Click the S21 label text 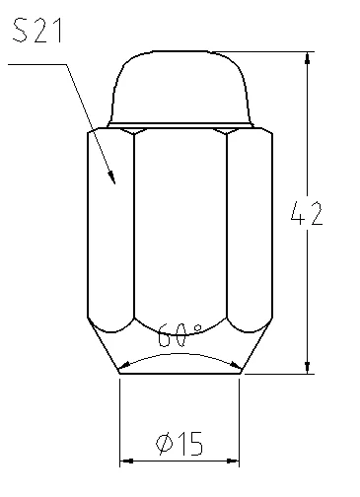[37, 31]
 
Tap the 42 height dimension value [307, 213]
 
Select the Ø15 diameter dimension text [180, 444]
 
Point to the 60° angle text [180, 335]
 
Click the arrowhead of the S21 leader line [112, 177]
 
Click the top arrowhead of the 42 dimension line [307, 58]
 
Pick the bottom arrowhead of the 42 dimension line [307, 367]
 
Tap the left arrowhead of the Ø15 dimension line [126, 461]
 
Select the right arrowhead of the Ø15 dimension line [233, 461]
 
